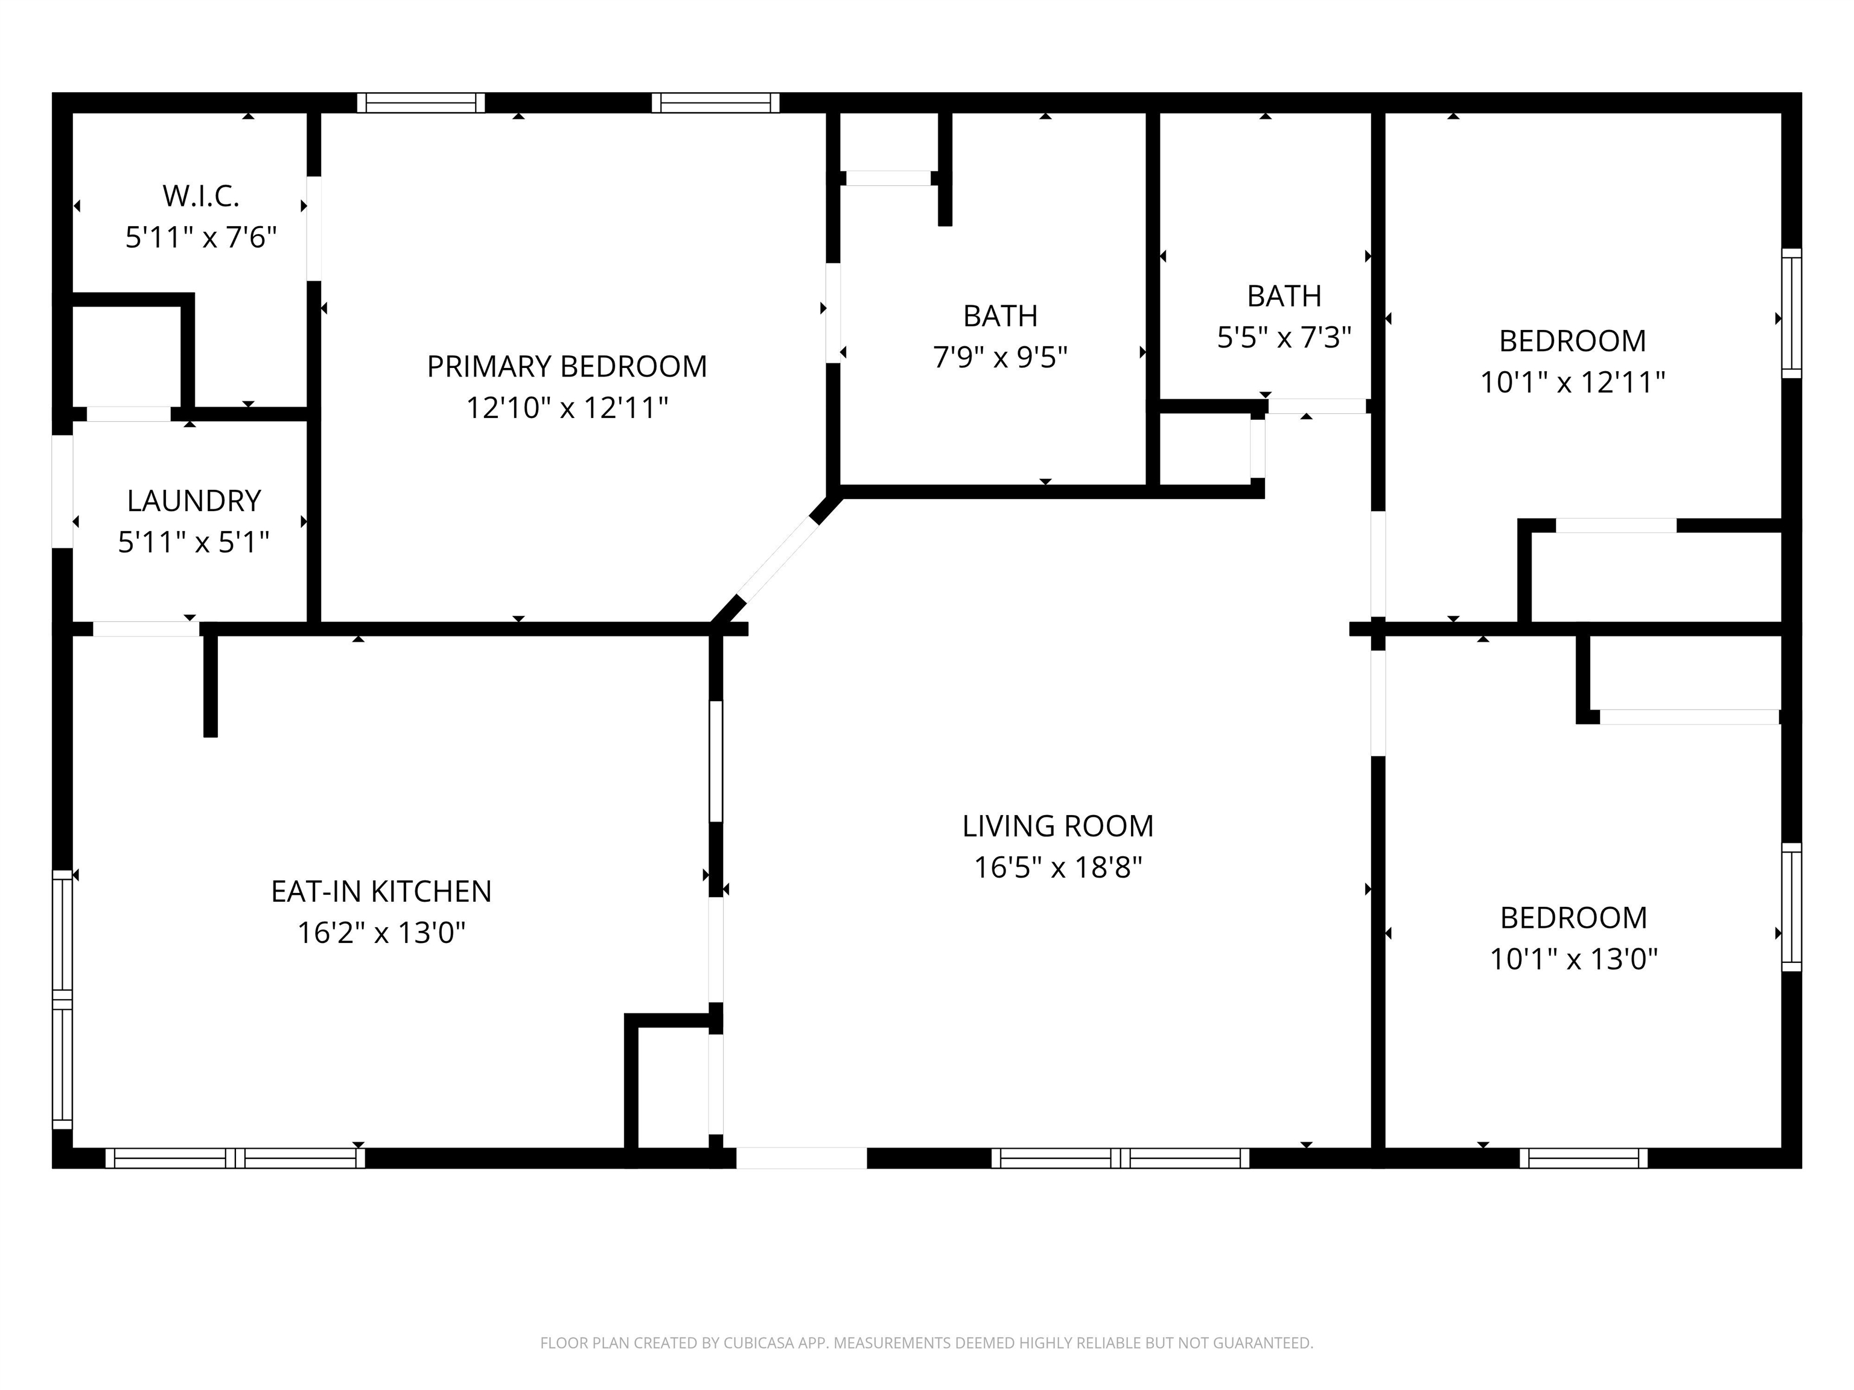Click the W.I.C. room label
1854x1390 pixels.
click(200, 196)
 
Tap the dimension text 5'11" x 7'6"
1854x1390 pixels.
click(200, 238)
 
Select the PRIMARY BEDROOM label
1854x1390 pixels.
click(567, 366)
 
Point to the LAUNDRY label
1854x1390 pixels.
click(194, 501)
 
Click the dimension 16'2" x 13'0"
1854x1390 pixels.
click(381, 933)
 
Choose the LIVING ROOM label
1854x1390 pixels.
click(1058, 826)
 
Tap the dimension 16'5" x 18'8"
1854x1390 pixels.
click(1058, 867)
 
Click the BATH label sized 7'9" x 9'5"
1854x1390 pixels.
click(1000, 316)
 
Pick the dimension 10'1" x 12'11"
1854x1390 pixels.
click(1572, 383)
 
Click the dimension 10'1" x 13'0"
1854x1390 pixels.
click(1573, 959)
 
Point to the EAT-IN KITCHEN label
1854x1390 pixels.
click(381, 892)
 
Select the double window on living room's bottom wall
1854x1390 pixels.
click(1120, 1158)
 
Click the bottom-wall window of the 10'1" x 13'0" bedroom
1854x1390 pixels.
click(1583, 1158)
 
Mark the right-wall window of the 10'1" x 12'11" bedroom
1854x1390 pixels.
click(1791, 313)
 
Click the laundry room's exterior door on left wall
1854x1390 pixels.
click(63, 491)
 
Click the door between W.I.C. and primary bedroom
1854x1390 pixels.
click(313, 228)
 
